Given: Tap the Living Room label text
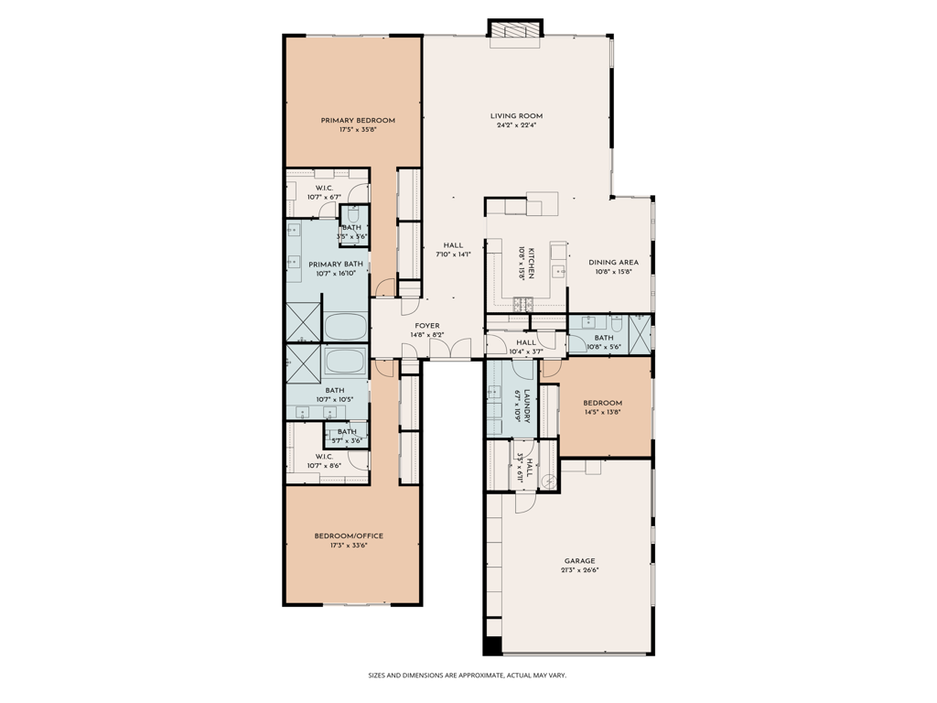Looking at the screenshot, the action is (x=516, y=116).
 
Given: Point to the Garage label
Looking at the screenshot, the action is (x=579, y=561).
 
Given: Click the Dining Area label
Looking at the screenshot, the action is (x=613, y=262).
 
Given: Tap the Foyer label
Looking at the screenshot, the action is (x=427, y=326).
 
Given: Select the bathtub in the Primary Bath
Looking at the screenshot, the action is (x=345, y=327).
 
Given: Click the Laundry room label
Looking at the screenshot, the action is (x=527, y=406).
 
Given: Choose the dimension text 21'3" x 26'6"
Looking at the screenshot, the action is (x=579, y=570).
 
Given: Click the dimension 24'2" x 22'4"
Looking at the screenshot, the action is (x=516, y=125).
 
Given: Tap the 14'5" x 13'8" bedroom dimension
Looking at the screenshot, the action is (x=603, y=412).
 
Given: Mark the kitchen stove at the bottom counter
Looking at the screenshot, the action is (x=522, y=304).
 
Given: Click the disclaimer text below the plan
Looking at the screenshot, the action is (x=468, y=676).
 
